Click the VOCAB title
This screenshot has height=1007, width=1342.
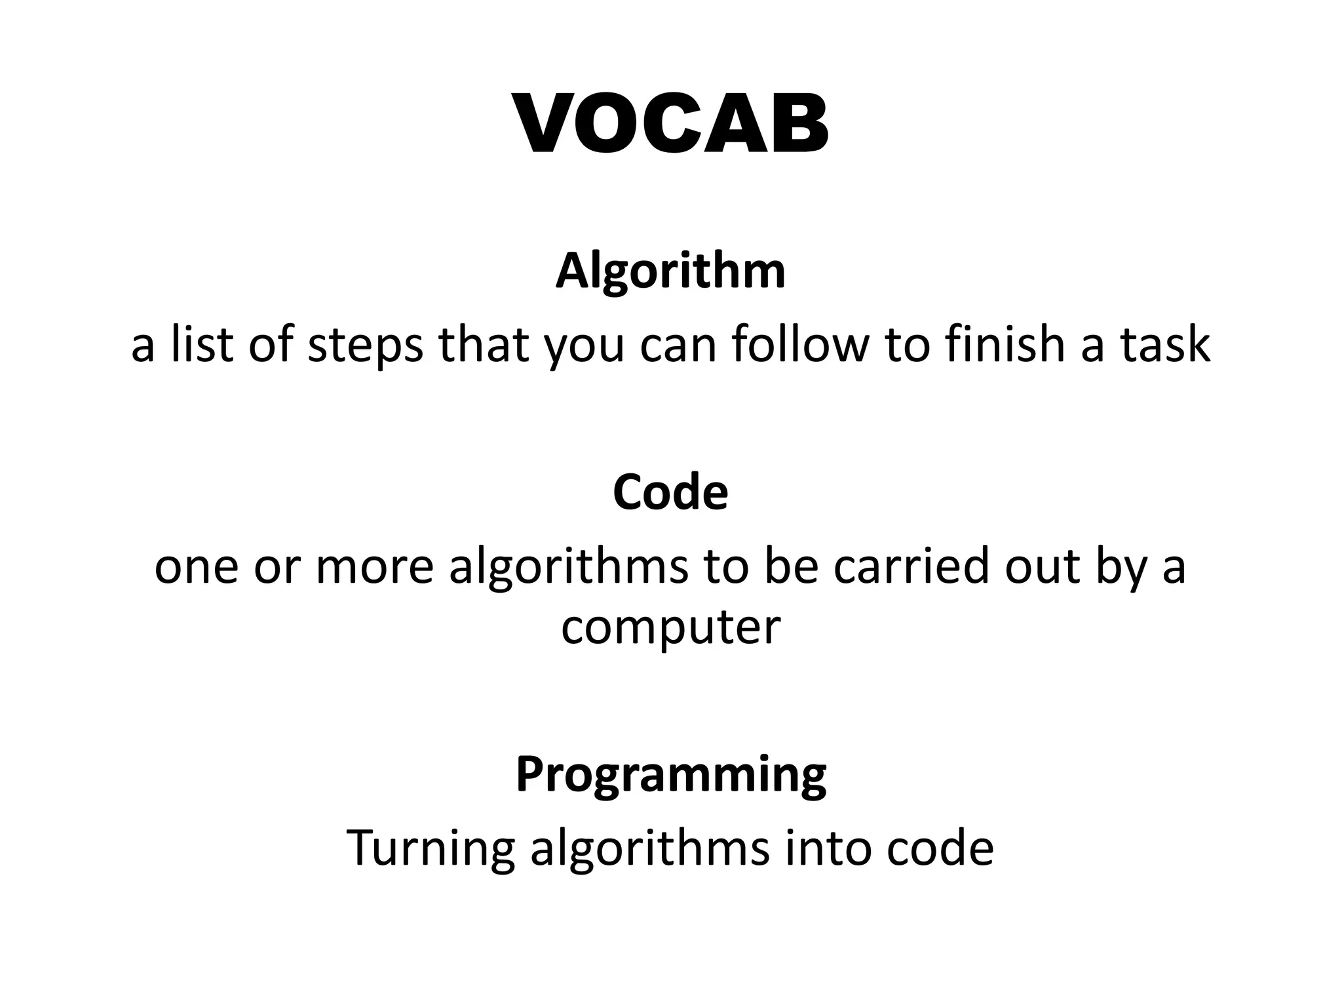click(671, 125)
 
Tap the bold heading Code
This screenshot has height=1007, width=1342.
click(670, 492)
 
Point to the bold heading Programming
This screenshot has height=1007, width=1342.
click(670, 776)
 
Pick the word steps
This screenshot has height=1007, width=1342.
click(366, 346)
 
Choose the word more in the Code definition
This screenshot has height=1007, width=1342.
click(375, 567)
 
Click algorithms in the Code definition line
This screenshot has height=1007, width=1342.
click(568, 567)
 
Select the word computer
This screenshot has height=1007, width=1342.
click(670, 628)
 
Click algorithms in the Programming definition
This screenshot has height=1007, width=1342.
click(649, 848)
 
